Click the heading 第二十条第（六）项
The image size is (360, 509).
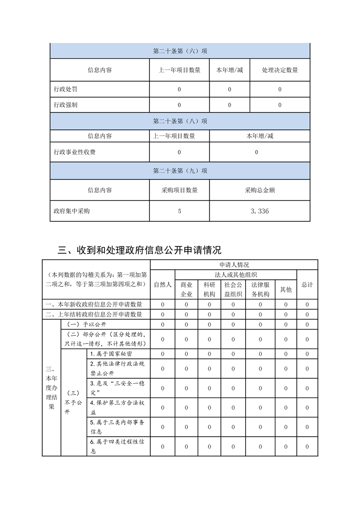(x=180, y=51)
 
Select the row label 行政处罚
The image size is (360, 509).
(x=65, y=89)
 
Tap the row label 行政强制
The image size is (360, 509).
(x=65, y=105)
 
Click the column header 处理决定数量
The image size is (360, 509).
(x=280, y=70)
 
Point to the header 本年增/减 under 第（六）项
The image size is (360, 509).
(x=229, y=70)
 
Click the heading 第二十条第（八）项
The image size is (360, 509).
(x=180, y=121)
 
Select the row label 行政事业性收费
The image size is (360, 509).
(x=74, y=152)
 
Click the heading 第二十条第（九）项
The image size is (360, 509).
(x=180, y=171)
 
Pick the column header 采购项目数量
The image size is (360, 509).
(x=179, y=191)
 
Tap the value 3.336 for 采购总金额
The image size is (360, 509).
(x=260, y=211)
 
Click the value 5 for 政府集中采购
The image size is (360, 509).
(x=179, y=211)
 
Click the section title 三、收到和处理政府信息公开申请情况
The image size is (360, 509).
(x=140, y=250)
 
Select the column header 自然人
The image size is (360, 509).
(x=163, y=284)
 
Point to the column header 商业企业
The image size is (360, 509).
(x=186, y=289)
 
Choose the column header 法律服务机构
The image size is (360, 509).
(x=260, y=289)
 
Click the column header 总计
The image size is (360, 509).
(x=307, y=284)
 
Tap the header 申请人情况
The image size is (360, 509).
(x=234, y=264)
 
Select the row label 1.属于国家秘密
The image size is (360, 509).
(x=111, y=354)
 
